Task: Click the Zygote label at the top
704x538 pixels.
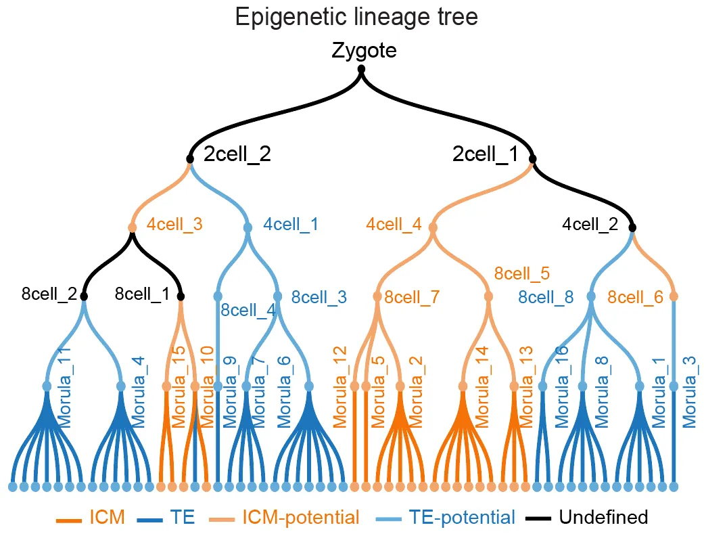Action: (364, 51)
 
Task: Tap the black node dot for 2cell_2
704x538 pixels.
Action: (190, 159)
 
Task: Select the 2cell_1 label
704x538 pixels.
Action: (485, 154)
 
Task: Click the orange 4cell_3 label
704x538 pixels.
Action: (174, 224)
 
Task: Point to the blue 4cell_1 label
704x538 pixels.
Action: (291, 224)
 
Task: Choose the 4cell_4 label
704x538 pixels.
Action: (394, 224)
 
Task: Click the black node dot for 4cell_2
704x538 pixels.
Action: (633, 229)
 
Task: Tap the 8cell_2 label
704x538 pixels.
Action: (49, 294)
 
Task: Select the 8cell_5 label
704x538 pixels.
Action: (522, 273)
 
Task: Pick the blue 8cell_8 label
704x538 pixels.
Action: (546, 296)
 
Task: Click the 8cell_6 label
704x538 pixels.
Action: (635, 296)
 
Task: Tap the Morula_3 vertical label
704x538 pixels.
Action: (689, 393)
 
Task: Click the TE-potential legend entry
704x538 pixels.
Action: (463, 518)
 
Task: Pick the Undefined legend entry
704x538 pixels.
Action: (603, 518)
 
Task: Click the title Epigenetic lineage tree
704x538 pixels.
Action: (356, 17)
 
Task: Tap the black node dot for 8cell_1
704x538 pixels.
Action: (181, 296)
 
